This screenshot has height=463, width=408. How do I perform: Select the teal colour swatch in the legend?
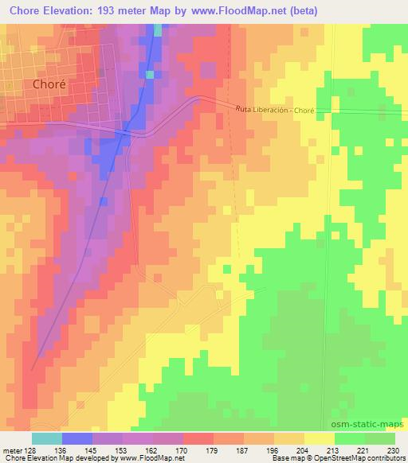point(46,438)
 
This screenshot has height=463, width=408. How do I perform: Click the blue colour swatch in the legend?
point(77,438)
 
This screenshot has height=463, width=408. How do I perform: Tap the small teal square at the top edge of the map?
point(157,30)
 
